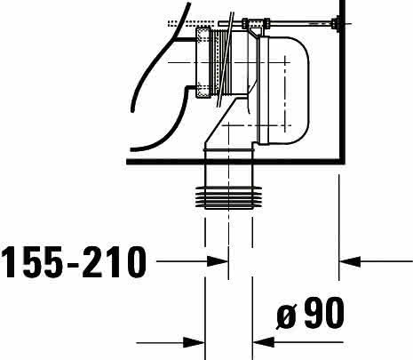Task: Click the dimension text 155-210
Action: [x=74, y=262]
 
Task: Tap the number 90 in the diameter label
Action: [x=324, y=313]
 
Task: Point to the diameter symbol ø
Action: [x=286, y=316]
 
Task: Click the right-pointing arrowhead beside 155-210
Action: [x=218, y=261]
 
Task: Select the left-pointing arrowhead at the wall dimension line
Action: [x=350, y=261]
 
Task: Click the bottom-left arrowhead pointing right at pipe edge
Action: [x=194, y=343]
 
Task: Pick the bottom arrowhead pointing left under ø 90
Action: [x=264, y=342]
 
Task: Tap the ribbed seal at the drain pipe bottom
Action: [x=228, y=197]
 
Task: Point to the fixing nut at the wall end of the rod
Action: [x=336, y=23]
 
